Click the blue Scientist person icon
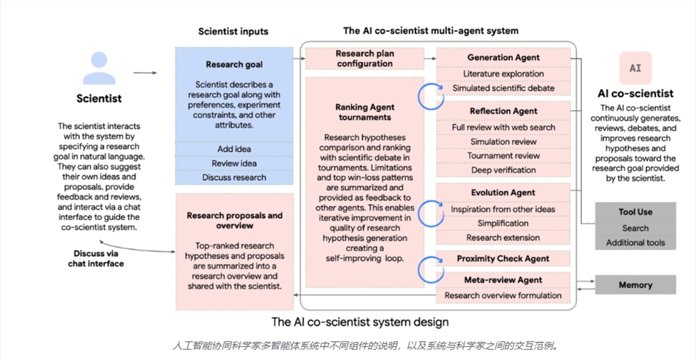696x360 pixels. tap(99, 68)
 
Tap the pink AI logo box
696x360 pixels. tap(635, 68)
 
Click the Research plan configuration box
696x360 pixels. tap(365, 58)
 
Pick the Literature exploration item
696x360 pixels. tap(503, 74)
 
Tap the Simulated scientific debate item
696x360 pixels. tap(503, 88)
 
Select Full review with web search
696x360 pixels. tap(503, 127)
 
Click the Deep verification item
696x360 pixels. tap(503, 170)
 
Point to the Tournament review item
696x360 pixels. tap(503, 156)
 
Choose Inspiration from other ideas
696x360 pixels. tap(503, 210)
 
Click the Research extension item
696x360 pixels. tap(503, 237)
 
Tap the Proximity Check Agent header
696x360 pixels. tap(503, 259)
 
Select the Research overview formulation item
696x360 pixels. tap(503, 295)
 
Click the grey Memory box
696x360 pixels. tap(635, 285)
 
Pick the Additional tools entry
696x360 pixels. tap(635, 243)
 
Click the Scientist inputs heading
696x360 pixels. tap(233, 31)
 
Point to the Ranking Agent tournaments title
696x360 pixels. tap(365, 112)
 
